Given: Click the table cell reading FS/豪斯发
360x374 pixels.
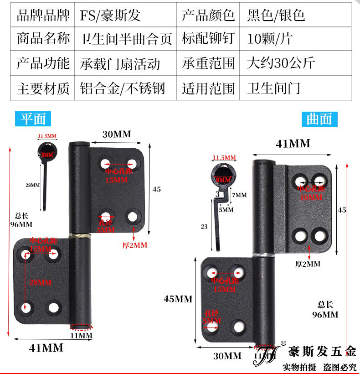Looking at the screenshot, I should (x=110, y=16).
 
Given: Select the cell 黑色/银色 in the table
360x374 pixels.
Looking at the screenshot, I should (x=276, y=16).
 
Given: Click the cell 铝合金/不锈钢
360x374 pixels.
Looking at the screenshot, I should (x=122, y=87).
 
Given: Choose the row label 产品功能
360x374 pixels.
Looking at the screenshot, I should (x=43, y=63).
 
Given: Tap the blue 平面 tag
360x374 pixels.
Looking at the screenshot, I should (x=33, y=119).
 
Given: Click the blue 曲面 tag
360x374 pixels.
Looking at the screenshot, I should (x=319, y=119).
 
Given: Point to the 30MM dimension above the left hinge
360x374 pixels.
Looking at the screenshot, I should (x=116, y=134).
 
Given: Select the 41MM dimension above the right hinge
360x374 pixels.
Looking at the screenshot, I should (x=293, y=144).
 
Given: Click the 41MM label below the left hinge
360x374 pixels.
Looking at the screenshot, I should (x=46, y=348).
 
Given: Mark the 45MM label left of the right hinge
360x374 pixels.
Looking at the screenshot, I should (x=178, y=299).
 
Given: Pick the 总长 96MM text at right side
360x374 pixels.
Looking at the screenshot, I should (x=325, y=310).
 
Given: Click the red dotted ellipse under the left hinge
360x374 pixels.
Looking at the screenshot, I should (x=81, y=327).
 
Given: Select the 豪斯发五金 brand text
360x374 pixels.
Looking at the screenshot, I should (x=322, y=351).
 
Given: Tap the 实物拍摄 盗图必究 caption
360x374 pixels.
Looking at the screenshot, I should (x=319, y=367).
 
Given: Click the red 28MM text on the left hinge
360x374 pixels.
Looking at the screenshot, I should (x=41, y=282).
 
